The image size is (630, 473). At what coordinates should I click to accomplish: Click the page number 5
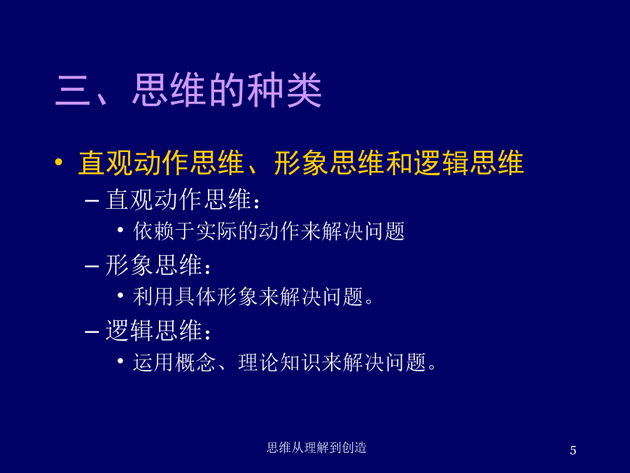click(x=573, y=450)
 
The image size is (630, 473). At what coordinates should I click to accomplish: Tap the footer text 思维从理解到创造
click(x=316, y=447)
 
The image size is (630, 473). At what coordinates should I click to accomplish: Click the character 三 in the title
click(x=73, y=90)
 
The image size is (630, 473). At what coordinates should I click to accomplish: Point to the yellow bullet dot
click(x=59, y=162)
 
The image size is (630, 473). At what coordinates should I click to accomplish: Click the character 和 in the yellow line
click(x=400, y=163)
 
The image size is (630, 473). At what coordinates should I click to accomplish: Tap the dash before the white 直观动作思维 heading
click(x=92, y=200)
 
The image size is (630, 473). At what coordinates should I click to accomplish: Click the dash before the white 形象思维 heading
click(x=92, y=266)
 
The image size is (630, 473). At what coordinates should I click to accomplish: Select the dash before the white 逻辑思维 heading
click(x=92, y=332)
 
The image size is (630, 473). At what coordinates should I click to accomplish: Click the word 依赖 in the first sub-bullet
click(x=153, y=231)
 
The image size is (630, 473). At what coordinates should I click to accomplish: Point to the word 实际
click(x=216, y=231)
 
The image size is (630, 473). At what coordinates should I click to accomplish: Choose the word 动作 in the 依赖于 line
click(x=279, y=231)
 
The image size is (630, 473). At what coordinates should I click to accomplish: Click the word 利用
click(x=153, y=297)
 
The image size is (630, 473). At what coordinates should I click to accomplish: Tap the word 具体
click(x=195, y=297)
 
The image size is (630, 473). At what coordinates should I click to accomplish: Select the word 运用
click(x=153, y=362)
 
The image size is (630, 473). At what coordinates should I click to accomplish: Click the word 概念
click(x=195, y=362)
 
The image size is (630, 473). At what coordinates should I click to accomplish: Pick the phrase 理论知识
click(x=279, y=362)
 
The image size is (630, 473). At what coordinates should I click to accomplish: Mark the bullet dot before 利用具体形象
click(x=120, y=296)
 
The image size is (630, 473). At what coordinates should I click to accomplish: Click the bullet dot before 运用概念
click(x=120, y=361)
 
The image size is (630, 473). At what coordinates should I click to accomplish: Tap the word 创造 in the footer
click(x=354, y=447)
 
